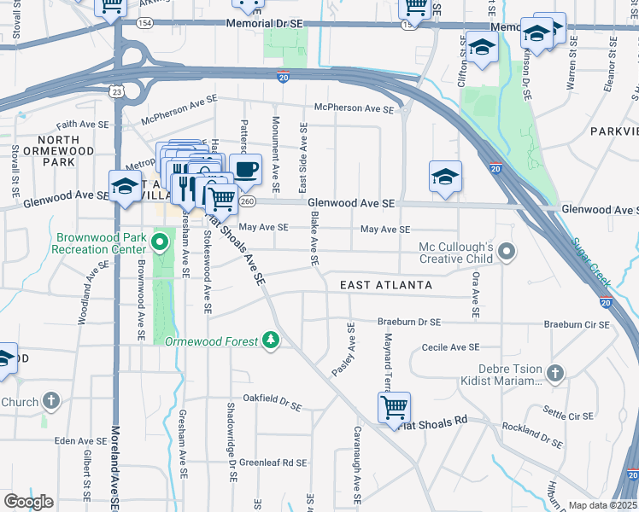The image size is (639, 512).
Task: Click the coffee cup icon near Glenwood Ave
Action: [x=246, y=168]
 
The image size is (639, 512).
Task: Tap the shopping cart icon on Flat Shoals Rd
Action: [x=394, y=407]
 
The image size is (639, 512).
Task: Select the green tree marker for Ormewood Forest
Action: [x=271, y=341]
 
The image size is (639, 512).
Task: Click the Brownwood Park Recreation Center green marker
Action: [x=159, y=244]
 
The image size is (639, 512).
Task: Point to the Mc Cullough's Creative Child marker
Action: [x=507, y=252]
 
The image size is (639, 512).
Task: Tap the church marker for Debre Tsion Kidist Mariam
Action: [x=554, y=374]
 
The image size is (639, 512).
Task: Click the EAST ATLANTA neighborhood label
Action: [x=386, y=284]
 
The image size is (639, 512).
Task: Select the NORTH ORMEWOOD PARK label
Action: [x=58, y=150]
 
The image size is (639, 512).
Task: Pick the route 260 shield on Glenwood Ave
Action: [x=248, y=202]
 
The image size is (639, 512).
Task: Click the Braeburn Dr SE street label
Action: [x=408, y=323]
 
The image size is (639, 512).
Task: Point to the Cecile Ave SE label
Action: [x=450, y=347]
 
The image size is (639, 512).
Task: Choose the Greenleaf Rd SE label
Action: [x=273, y=463]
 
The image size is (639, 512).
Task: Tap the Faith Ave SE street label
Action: [x=85, y=123]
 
